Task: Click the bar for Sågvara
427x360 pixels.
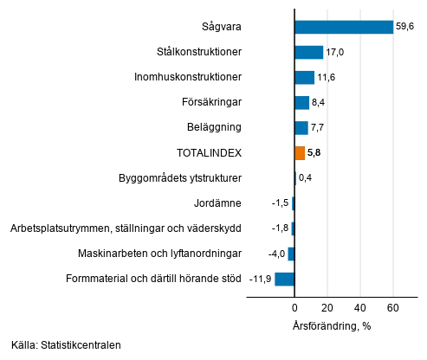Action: [344, 27]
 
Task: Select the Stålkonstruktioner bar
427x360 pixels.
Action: [308, 52]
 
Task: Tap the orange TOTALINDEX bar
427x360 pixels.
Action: [300, 153]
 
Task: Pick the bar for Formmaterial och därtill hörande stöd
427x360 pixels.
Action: [285, 279]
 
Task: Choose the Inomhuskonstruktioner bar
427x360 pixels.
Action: [304, 77]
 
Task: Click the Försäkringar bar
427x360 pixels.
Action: [301, 103]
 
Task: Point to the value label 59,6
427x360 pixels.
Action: [406, 27]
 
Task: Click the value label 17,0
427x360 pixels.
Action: [335, 52]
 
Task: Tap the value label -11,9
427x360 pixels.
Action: [259, 279]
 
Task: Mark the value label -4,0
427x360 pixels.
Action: [275, 254]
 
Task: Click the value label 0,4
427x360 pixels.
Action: [306, 178]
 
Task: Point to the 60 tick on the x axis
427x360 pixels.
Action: [392, 309]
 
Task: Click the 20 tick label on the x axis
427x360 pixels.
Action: [327, 309]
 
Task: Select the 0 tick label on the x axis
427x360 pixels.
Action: [294, 309]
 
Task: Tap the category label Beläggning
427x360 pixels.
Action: [213, 128]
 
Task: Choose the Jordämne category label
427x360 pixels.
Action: [218, 203]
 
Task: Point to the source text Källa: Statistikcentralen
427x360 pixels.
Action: [67, 345]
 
